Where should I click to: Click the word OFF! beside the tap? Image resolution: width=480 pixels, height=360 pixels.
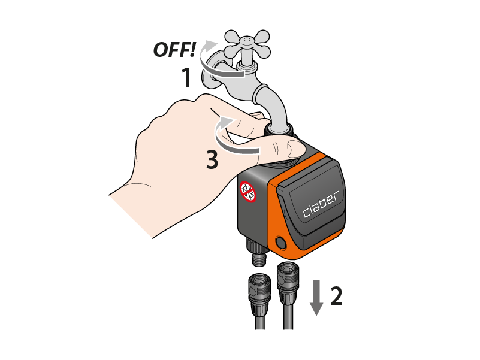pos(174,50)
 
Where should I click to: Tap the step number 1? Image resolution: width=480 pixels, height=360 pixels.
pos(186,77)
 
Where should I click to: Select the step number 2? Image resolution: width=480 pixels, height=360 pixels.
pos(336,296)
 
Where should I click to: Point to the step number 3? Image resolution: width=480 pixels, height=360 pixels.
pos(212,159)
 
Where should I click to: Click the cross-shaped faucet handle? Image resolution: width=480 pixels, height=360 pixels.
pos(247,44)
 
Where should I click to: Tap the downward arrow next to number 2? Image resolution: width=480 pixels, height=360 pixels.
pos(316,298)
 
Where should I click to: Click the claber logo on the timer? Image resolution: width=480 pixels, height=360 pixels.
pos(321,204)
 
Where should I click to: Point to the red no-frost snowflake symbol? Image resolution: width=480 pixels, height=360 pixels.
pos(247,192)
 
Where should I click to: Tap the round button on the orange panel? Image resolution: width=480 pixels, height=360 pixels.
pos(281,243)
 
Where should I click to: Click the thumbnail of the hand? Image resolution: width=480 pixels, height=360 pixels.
pos(296,148)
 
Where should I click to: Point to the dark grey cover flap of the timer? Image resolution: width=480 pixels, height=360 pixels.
pos(311,204)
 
